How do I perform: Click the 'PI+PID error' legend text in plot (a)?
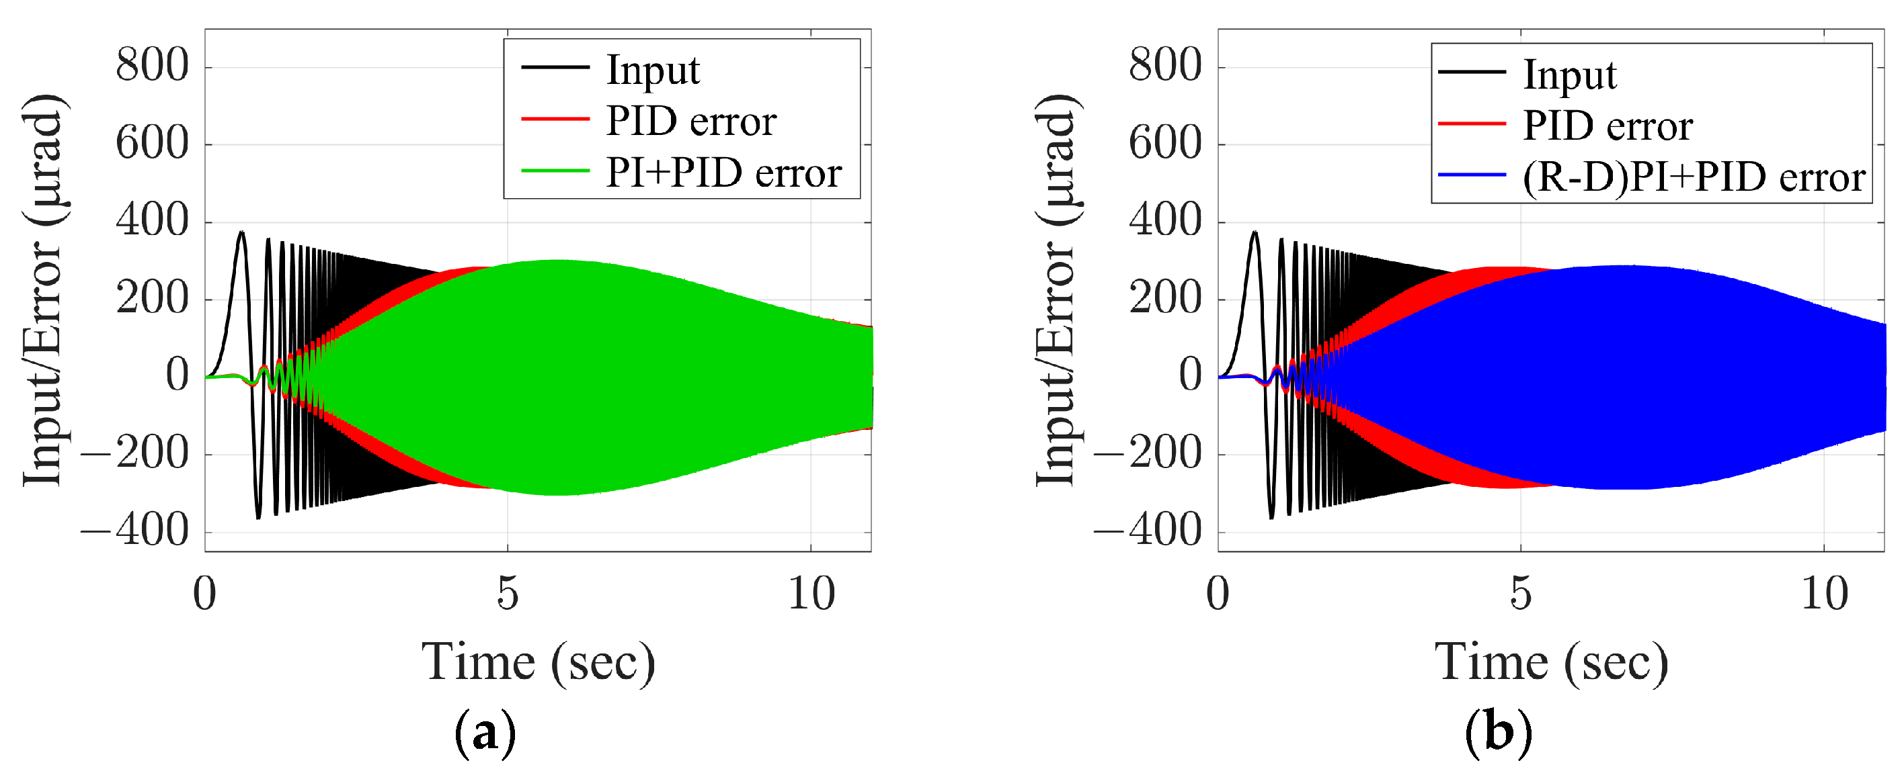[x=723, y=173]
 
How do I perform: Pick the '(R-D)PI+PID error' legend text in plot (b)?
[x=1694, y=177]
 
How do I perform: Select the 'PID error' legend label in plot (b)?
[x=1608, y=126]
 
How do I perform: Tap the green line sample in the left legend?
[x=555, y=171]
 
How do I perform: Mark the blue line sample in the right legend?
[x=1471, y=175]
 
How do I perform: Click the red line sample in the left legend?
[x=555, y=118]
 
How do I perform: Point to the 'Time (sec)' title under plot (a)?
[x=538, y=662]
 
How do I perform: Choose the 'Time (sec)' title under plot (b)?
[x=1550, y=662]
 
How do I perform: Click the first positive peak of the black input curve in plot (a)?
[x=241, y=232]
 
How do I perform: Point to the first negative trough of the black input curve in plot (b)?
[x=1271, y=517]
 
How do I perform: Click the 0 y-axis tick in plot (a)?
[x=177, y=375]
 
